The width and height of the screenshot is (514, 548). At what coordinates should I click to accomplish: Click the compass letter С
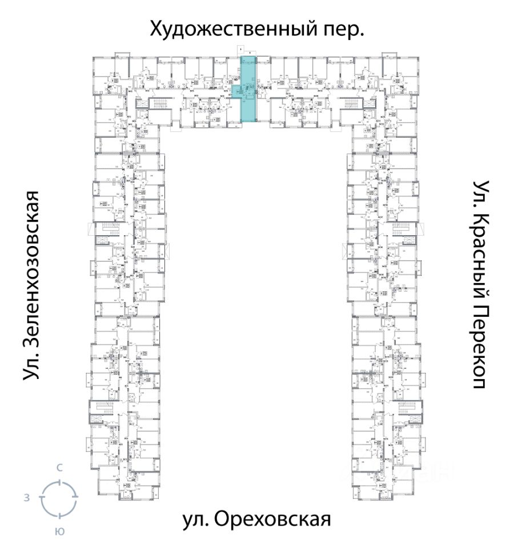click(x=59, y=468)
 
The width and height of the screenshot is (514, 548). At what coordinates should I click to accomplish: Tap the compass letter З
click(x=26, y=498)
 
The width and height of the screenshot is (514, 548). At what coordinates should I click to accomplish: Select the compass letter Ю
click(x=59, y=531)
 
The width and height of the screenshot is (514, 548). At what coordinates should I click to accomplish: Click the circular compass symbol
click(x=59, y=498)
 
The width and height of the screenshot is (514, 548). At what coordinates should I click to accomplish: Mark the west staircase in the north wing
click(x=157, y=105)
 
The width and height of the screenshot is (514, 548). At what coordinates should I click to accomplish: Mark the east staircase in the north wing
click(x=352, y=105)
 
